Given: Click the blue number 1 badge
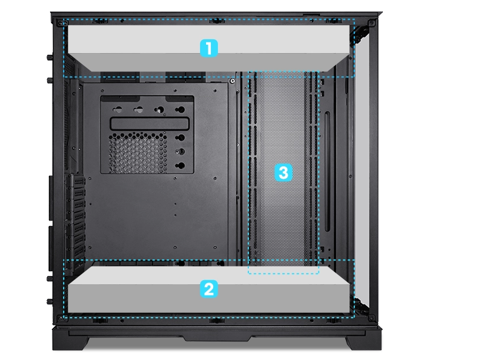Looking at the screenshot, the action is pos(208,48).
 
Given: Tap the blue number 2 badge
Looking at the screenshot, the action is pos(208,288).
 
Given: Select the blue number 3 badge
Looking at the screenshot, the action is pos(283,173).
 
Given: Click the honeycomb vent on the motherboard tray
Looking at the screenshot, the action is pos(138,153).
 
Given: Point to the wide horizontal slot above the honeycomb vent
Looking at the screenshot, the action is pos(149,124).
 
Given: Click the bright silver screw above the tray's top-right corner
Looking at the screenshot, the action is pos(232,81).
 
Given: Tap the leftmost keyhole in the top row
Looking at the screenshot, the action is pos(117,110).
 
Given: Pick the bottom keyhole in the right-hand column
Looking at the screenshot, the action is pos(180,166).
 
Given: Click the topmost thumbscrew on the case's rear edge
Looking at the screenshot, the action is pos(49,57).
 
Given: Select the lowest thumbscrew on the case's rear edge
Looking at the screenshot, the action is pos(49,302).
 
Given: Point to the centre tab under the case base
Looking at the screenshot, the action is pos(217,338).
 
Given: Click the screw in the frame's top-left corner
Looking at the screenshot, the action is pos(60,23).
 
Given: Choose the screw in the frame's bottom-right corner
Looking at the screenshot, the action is pos(371,318).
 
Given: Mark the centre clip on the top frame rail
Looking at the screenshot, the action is pos(216,21).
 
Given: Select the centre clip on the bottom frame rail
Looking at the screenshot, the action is pos(216,320).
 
